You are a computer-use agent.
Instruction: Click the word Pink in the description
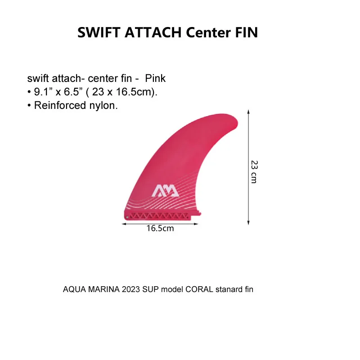pos(155,78)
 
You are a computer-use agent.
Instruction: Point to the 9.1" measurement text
pos(44,92)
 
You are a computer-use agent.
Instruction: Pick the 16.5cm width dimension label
pos(160,228)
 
